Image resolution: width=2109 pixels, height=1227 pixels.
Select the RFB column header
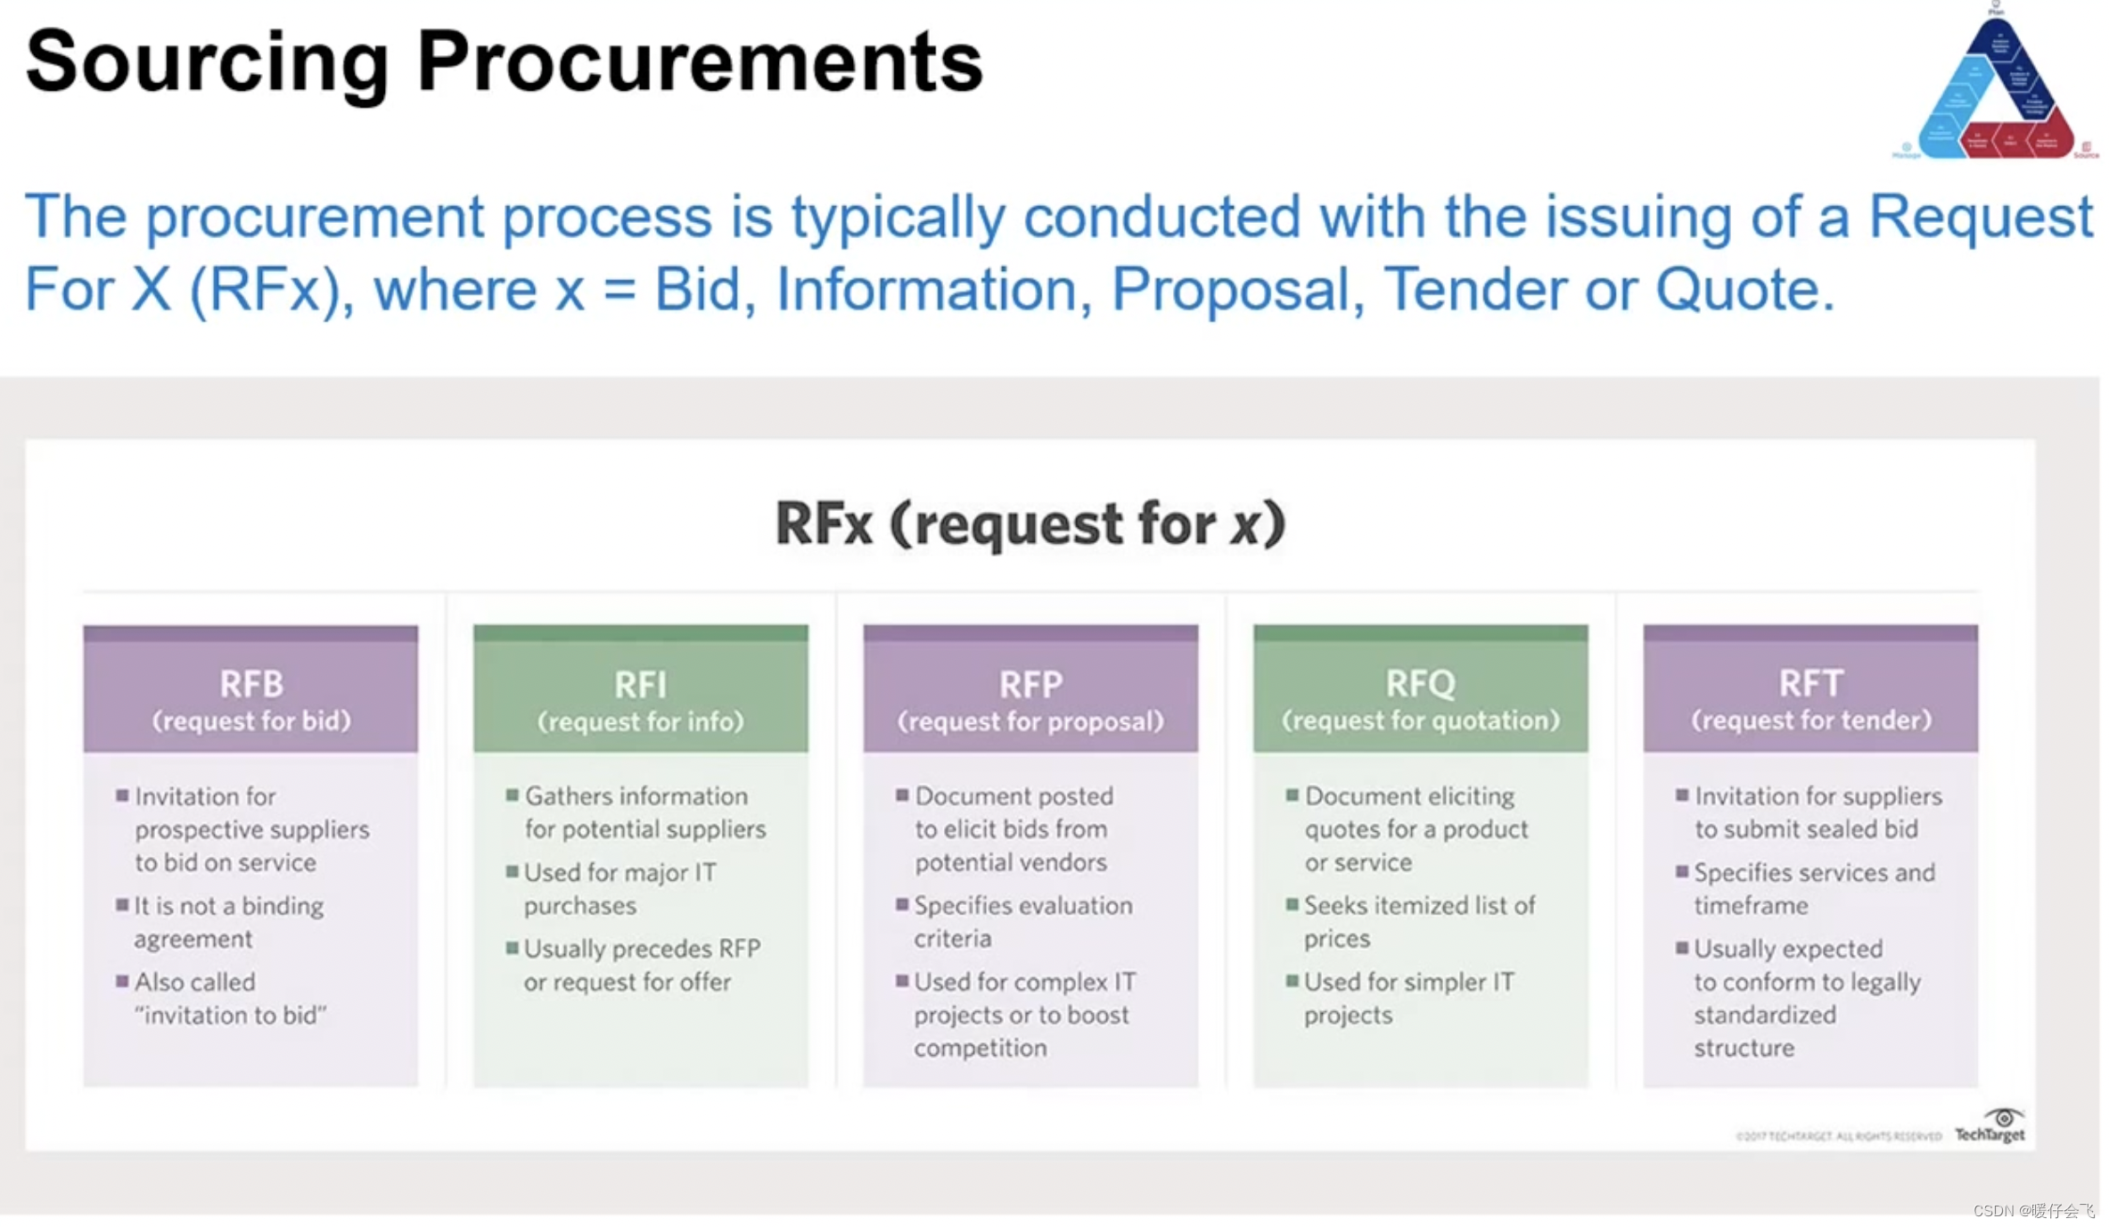click(x=250, y=684)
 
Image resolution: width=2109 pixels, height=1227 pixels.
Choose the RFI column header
click(x=640, y=685)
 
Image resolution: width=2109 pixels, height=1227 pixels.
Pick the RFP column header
click(x=1030, y=685)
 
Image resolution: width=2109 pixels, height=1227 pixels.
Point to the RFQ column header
click(x=1420, y=684)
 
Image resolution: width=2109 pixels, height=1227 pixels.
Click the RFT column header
click(x=1810, y=683)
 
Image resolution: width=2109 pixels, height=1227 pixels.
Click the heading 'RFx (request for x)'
click(x=1030, y=523)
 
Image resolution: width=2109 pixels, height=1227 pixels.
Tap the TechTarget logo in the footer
click(x=1990, y=1126)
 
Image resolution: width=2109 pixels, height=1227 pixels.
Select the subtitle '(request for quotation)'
click(x=1420, y=721)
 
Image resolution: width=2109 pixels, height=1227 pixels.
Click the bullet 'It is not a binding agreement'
click(x=229, y=922)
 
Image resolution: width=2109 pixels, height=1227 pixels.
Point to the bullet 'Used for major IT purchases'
click(x=620, y=888)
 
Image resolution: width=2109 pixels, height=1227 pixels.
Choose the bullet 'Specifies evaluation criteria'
click(x=1022, y=921)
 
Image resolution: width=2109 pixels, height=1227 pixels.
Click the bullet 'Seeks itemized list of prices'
click(x=1419, y=921)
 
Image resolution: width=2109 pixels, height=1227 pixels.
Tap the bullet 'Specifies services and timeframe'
click(x=1814, y=888)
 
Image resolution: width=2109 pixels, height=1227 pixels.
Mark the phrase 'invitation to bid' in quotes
click(x=231, y=1015)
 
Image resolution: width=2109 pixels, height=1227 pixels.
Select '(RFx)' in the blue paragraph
click(x=267, y=289)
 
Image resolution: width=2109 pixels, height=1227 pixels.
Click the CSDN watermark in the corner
click(x=2032, y=1210)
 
